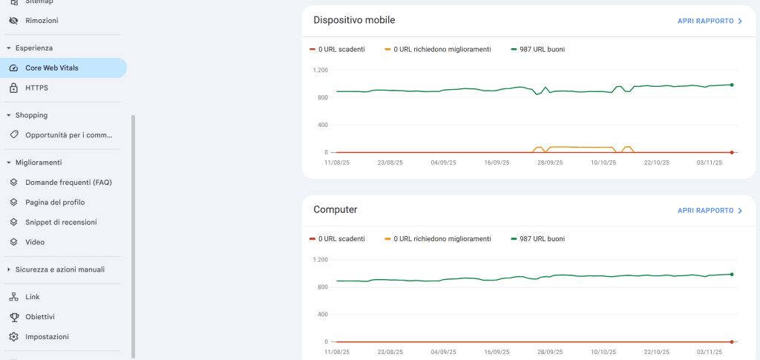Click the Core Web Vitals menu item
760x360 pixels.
click(52, 68)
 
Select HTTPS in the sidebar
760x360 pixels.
click(36, 88)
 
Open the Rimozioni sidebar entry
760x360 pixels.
click(42, 21)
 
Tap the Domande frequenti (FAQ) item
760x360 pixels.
click(68, 182)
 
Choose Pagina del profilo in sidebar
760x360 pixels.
click(55, 202)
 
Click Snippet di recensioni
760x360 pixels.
click(61, 222)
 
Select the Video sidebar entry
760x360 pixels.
click(35, 242)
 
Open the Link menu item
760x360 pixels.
click(33, 297)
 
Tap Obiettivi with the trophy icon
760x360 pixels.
click(40, 317)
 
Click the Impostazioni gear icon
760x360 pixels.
click(13, 337)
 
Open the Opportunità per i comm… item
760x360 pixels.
click(68, 135)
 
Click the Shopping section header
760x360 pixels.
click(31, 115)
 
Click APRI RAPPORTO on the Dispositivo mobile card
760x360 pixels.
click(710, 21)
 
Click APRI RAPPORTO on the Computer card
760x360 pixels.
click(710, 211)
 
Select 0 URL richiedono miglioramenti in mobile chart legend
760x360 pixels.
click(442, 49)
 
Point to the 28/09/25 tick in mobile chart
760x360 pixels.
click(550, 162)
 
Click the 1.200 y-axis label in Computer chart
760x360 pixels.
click(320, 260)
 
